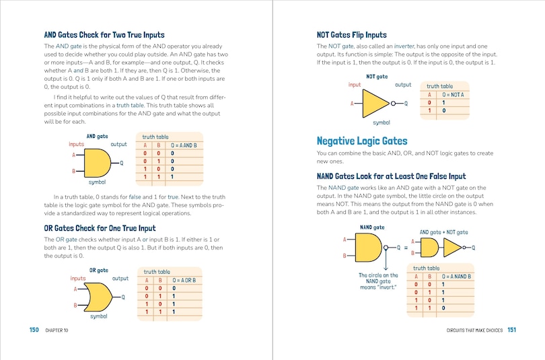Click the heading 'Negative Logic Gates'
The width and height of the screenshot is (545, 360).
[361, 141]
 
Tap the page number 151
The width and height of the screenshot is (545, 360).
[511, 330]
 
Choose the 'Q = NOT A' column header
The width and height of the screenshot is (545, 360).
[453, 94]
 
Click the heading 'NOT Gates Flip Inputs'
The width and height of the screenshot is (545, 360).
[351, 34]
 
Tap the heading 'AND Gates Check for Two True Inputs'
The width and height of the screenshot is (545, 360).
[104, 34]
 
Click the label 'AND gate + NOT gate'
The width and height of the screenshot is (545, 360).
[443, 232]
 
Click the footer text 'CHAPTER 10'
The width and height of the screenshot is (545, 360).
[57, 330]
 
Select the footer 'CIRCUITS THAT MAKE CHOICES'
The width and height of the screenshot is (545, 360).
[465, 330]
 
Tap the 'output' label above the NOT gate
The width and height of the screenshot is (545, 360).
[403, 85]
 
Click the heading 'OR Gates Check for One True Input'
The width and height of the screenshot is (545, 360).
[100, 228]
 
